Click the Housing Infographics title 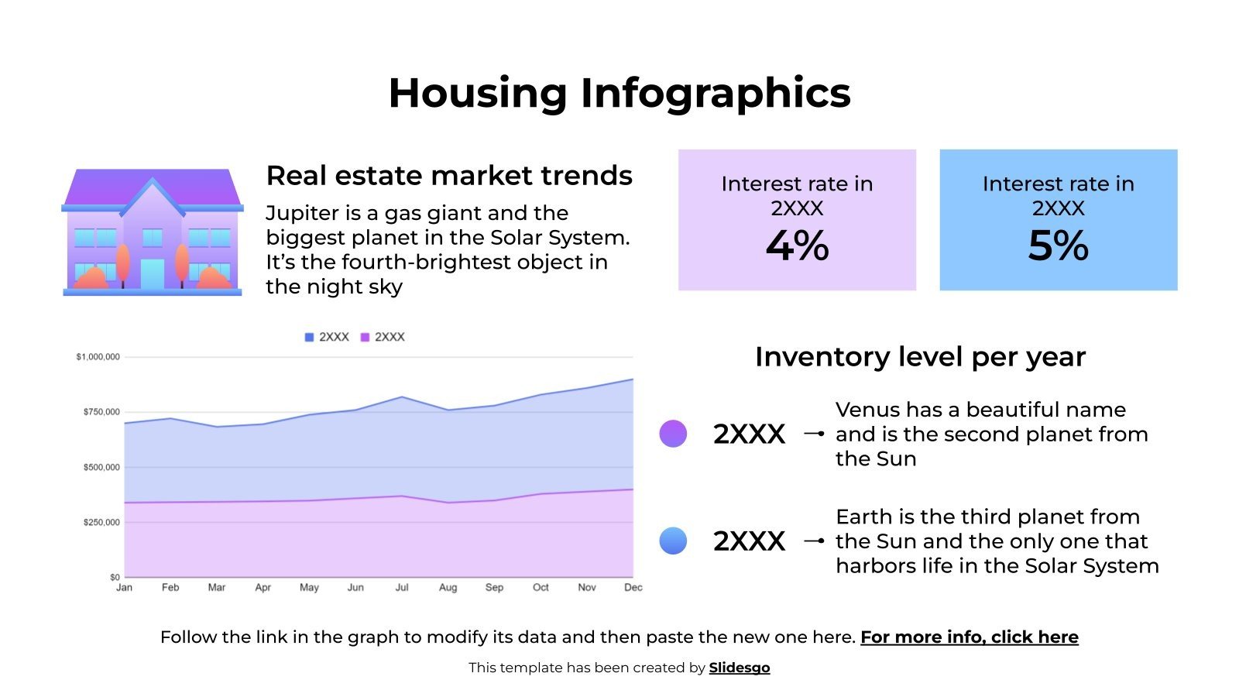coord(619,93)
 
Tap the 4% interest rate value coord(797,246)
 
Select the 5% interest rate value coord(1058,246)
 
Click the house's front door coord(153,273)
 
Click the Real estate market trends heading coord(449,176)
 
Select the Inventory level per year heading coord(920,357)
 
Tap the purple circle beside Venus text coord(673,434)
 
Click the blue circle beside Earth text coord(673,541)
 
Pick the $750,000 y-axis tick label coord(101,412)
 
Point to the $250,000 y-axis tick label coord(101,523)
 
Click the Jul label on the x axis coord(402,588)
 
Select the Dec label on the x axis coord(633,588)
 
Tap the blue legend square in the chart coord(310,338)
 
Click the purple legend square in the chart coord(366,338)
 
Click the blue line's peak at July coord(402,397)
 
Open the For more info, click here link coord(969,637)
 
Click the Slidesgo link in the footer coord(739,668)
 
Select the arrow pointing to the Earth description coord(813,541)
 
